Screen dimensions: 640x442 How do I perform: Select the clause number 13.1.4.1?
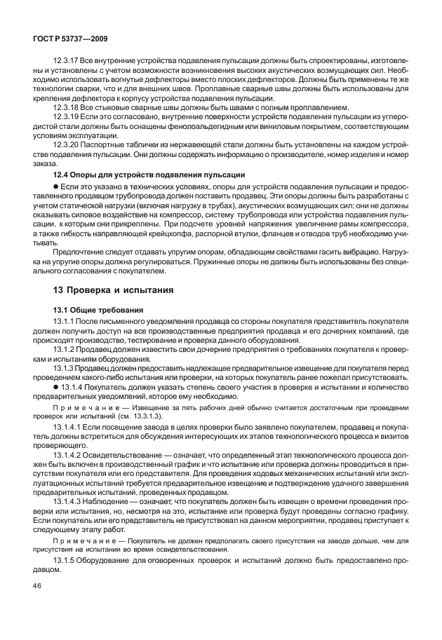(x=69, y=427)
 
